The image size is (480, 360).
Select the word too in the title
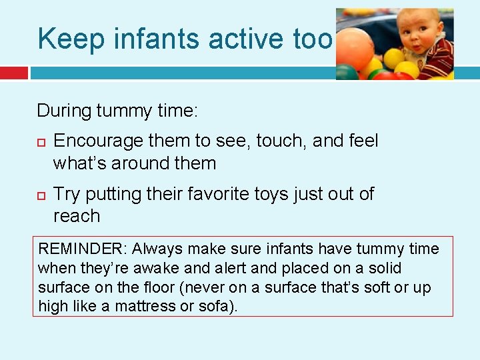312,39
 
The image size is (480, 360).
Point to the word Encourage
98,141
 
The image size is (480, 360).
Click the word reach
77,216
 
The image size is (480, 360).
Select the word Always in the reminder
157,249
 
